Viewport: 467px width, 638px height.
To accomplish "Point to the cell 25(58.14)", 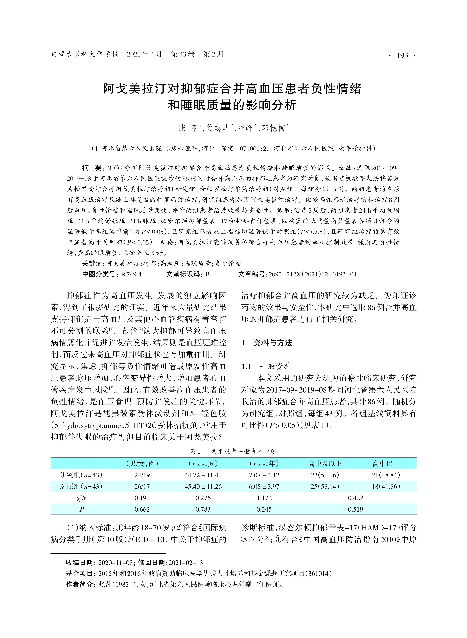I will (x=325, y=486).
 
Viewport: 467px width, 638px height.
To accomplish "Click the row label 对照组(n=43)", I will (x=81, y=486).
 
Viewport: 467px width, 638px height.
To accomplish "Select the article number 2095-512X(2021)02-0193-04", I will (x=312, y=274).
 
